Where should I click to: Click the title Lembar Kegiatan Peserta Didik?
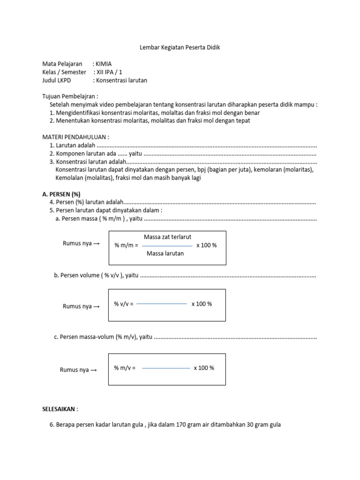click(x=180, y=48)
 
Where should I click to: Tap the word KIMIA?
click(x=104, y=64)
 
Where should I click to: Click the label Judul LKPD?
click(x=58, y=80)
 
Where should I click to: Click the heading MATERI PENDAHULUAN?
click(x=75, y=137)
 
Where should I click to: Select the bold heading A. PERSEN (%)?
click(x=61, y=194)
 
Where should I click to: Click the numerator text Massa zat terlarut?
click(x=167, y=237)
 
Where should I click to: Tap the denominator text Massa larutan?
click(x=165, y=254)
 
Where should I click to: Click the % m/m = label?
click(x=126, y=246)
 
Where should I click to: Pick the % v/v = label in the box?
click(x=124, y=304)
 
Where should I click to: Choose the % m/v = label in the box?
click(x=124, y=368)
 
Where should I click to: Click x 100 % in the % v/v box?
click(x=202, y=304)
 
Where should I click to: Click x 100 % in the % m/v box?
click(x=204, y=368)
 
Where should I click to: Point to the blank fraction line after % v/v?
click(x=161, y=304)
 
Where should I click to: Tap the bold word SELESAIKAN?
click(x=60, y=409)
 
